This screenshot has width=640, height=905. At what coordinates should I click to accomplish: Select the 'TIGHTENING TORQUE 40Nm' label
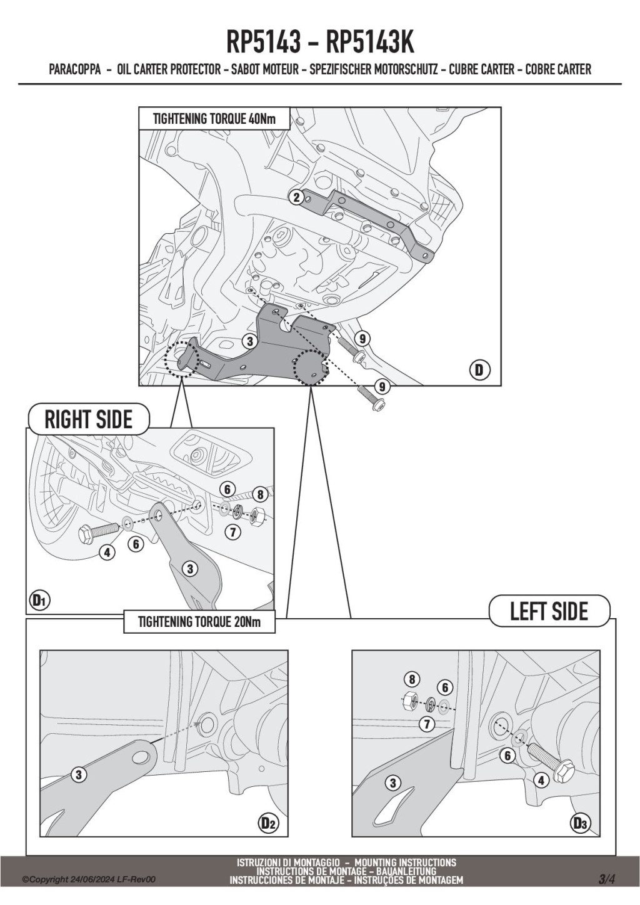[214, 118]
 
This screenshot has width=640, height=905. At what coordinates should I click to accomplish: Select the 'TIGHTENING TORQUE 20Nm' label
[199, 622]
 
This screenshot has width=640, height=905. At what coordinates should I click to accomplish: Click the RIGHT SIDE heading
[88, 419]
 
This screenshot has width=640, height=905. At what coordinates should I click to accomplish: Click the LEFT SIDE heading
[549, 611]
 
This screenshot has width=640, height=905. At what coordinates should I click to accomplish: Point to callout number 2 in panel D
[296, 197]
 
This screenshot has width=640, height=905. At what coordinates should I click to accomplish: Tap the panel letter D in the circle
[479, 370]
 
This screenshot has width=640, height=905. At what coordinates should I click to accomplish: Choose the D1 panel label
[39, 601]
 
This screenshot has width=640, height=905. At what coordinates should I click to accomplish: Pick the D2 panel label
[268, 824]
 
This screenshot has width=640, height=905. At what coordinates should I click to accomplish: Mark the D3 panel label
[580, 824]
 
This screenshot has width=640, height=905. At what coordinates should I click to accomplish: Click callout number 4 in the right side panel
[107, 552]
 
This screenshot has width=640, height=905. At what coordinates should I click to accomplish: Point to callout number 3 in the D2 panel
[79, 775]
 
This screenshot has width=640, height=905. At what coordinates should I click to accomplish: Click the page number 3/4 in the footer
[606, 879]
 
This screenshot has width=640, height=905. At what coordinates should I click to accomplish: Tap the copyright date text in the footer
[89, 879]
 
